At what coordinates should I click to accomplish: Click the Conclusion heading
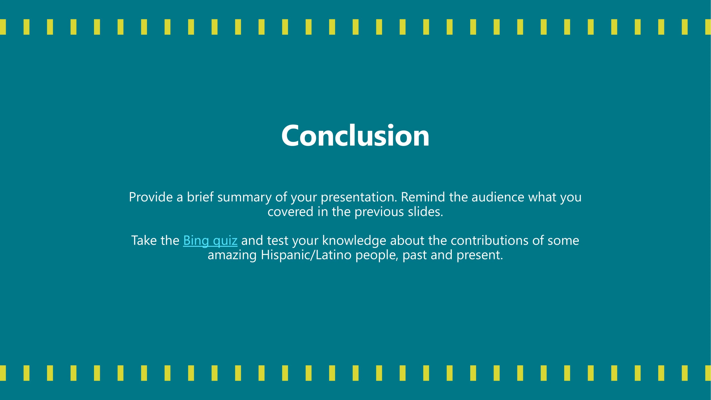point(355,136)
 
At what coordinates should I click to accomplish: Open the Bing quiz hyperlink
point(210,240)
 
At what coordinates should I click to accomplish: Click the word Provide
point(151,197)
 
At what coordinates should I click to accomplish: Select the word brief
point(200,197)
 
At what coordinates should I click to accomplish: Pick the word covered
point(290,212)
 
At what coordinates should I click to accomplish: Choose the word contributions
point(490,240)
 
